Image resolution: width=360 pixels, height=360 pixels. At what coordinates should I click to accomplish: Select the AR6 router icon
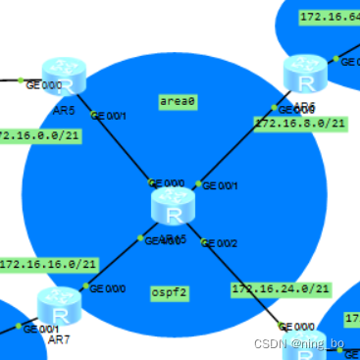305,75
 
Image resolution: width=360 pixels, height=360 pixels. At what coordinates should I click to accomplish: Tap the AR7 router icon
60,305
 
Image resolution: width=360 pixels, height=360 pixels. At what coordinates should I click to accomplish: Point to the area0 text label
178,101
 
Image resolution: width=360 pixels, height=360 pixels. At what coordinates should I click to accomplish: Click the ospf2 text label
170,292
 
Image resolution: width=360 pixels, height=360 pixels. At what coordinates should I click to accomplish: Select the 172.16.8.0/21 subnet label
300,124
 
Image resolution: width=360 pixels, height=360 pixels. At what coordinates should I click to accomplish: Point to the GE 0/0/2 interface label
218,242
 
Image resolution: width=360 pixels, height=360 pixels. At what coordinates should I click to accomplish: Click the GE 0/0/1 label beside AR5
109,116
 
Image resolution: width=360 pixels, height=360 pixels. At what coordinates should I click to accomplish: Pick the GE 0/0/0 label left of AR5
42,85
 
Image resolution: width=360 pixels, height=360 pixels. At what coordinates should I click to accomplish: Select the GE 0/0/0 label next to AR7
107,288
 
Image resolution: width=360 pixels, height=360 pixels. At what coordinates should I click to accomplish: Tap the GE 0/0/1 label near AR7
40,329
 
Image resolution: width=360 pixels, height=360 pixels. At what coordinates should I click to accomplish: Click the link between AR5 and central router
123,147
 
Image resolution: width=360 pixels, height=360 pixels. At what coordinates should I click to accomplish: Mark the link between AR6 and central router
245,142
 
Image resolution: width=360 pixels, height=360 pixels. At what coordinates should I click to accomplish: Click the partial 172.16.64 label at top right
329,18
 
